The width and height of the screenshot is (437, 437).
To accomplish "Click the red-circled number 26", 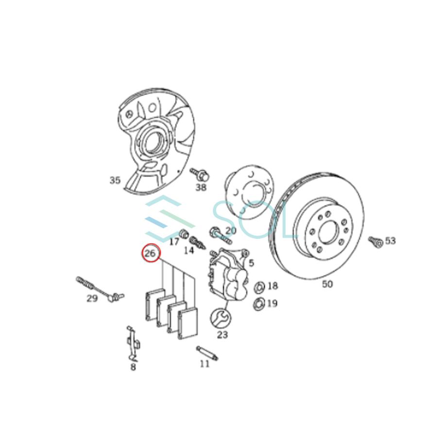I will pos(150,253).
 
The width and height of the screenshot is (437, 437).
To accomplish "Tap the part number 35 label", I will pos(115,180).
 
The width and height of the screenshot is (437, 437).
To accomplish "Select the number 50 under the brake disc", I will pos(327,284).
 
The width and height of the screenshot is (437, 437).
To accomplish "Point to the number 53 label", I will pos(390,240).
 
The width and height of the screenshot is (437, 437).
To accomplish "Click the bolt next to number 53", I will pos(373,240).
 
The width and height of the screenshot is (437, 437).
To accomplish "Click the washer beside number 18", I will pos(258,286).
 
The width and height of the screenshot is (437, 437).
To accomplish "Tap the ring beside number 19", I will pos(258,304).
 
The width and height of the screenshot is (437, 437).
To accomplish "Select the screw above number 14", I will pos(196,241).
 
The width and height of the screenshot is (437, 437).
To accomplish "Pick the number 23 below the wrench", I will pos(222,335).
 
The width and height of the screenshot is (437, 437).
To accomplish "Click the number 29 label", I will pos(92,298).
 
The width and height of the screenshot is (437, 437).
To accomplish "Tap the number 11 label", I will pos(204,364).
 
